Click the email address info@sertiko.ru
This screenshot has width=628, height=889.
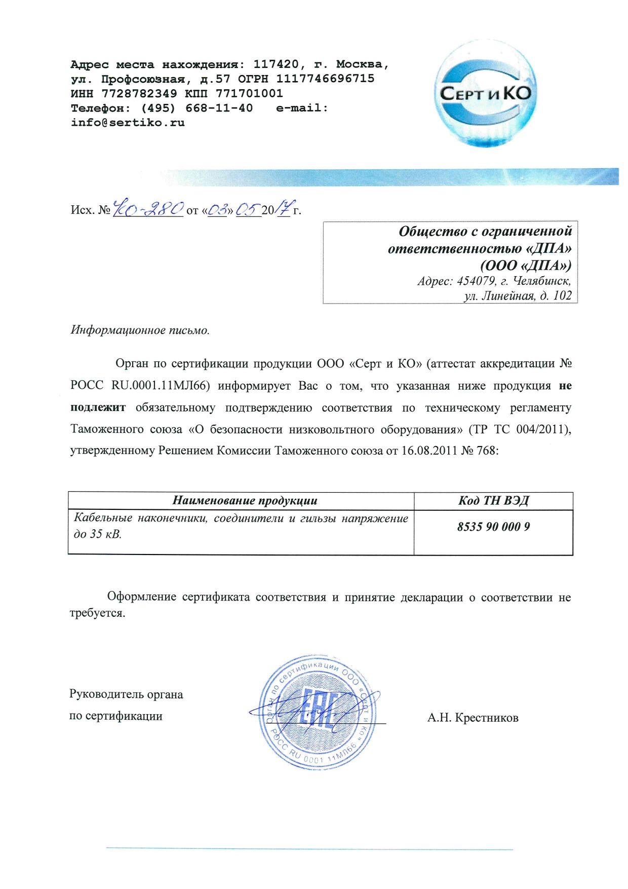(128, 123)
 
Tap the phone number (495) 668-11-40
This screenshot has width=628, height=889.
(197, 108)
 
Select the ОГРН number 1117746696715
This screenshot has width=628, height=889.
(325, 79)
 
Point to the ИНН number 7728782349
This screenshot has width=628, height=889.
(139, 93)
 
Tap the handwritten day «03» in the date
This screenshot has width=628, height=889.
(217, 209)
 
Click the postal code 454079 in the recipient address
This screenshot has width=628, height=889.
(477, 281)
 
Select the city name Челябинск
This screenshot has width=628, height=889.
(541, 281)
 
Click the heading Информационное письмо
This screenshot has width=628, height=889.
(140, 330)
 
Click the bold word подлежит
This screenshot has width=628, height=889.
(98, 408)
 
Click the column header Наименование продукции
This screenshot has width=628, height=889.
(245, 501)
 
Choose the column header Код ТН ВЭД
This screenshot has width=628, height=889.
(493, 501)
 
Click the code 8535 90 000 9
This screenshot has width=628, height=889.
(493, 527)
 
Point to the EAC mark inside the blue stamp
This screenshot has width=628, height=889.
(318, 709)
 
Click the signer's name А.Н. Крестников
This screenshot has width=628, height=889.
(473, 718)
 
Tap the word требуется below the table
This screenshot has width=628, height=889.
(97, 613)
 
